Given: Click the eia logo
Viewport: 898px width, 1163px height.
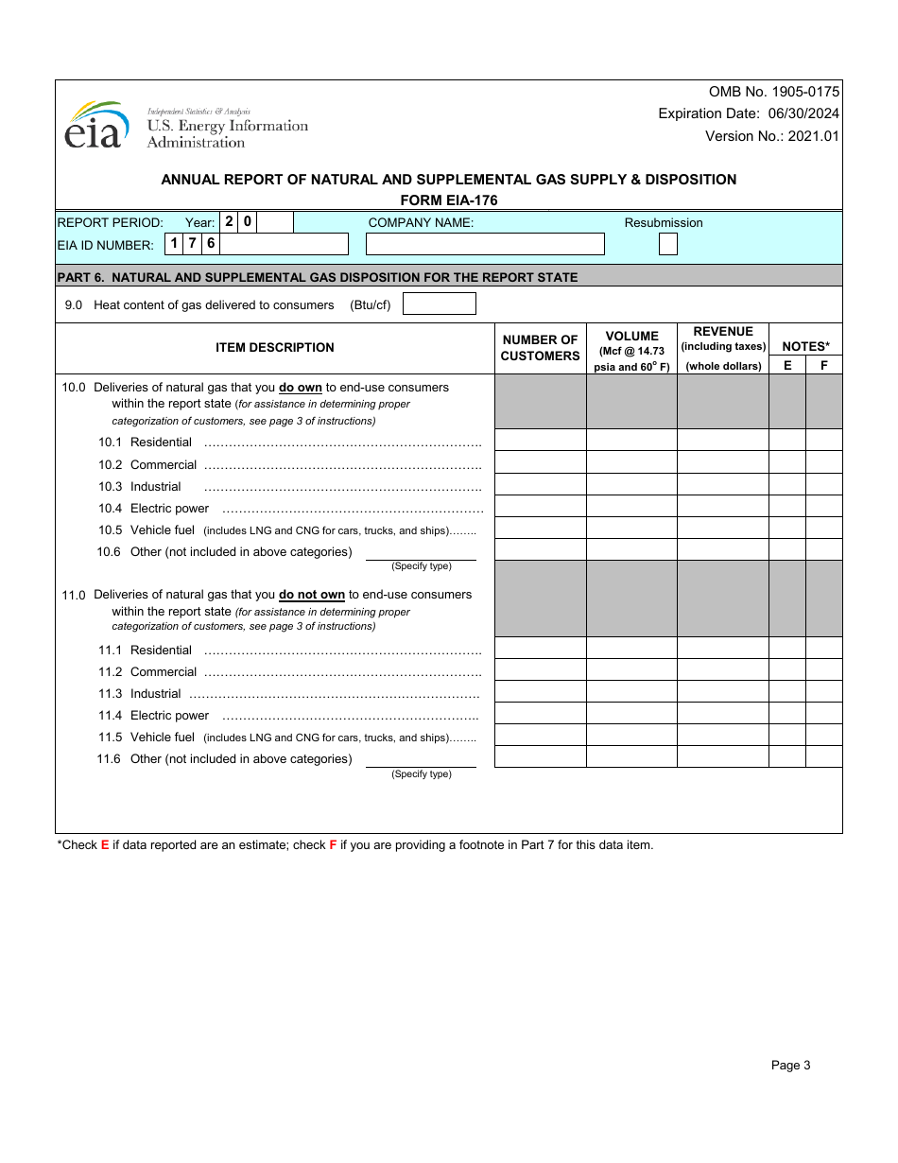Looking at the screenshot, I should click(95, 126).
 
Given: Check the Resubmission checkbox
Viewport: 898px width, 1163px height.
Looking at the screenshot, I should click(667, 244).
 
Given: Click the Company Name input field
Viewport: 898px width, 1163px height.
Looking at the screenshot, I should click(485, 244).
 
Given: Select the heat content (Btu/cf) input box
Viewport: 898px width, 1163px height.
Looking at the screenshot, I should click(439, 304).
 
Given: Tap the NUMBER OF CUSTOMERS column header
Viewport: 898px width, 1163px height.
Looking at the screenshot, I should click(540, 348).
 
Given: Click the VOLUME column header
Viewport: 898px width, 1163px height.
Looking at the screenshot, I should click(631, 349).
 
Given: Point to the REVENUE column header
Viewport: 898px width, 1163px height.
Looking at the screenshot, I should click(723, 348).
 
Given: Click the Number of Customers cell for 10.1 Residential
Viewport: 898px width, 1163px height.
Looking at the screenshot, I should click(540, 441).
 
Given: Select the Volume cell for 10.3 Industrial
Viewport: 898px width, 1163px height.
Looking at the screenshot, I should click(631, 484).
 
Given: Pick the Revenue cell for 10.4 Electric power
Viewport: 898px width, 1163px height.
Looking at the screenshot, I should click(723, 506).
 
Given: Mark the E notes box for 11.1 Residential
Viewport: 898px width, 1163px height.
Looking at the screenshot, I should click(787, 648).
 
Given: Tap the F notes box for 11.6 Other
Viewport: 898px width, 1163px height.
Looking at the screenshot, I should click(823, 756).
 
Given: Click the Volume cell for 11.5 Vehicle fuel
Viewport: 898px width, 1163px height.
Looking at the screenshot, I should click(631, 735).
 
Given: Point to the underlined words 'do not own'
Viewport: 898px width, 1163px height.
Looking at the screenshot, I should click(312, 595).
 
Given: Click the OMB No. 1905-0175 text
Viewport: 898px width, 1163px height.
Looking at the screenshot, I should click(773, 92).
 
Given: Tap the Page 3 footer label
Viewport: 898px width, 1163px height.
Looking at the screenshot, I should click(790, 1066).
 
